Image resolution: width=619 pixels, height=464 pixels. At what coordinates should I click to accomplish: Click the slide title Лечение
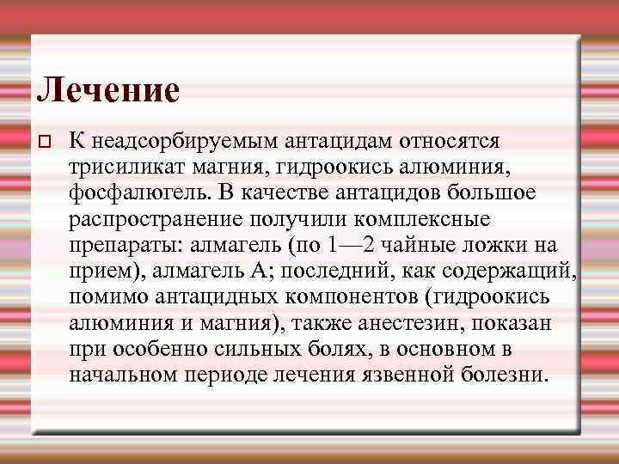(x=108, y=89)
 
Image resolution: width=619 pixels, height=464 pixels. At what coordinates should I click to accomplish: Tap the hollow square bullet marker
(x=47, y=141)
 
